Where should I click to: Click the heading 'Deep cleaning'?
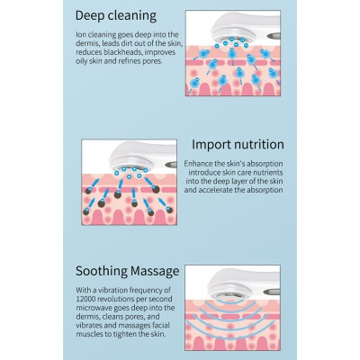(116, 16)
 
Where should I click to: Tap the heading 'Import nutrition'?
(238, 144)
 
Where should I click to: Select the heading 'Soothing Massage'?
(128, 271)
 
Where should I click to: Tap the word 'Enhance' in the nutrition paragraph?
(198, 164)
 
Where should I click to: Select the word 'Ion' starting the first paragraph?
(81, 35)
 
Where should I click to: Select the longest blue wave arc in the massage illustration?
(230, 329)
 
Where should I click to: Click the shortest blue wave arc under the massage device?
(229, 301)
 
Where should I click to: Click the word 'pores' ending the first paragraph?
(154, 61)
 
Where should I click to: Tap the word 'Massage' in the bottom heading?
(155, 272)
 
